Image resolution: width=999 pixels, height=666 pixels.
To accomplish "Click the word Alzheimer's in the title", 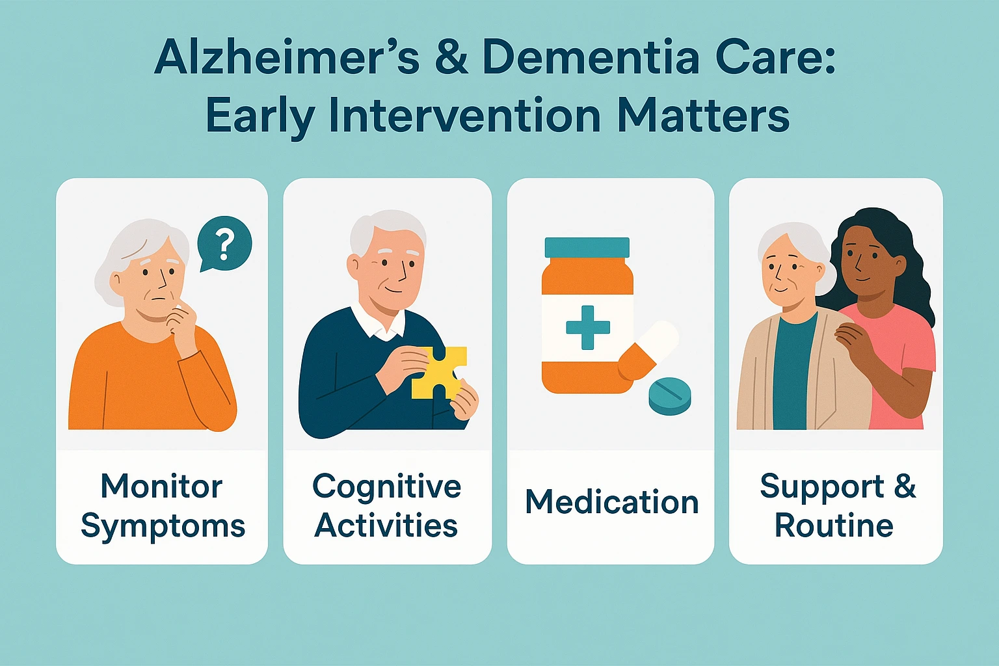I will [287, 58].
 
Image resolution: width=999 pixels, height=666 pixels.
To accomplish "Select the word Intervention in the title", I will [464, 116].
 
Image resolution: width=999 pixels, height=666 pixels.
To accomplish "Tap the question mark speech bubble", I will [224, 245].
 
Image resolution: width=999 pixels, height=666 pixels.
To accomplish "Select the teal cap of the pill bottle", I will [587, 248].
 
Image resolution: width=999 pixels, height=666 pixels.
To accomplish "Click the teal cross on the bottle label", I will [587, 327].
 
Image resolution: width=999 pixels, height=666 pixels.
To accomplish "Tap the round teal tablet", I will [670, 395].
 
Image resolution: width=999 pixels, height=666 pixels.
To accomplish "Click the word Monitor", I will [161, 486].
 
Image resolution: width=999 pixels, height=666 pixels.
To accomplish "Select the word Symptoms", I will [163, 526].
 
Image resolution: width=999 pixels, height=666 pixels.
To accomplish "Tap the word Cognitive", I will [386, 486].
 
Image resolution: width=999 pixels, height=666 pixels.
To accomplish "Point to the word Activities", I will [386, 526].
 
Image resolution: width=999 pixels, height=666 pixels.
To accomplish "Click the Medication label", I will [611, 502].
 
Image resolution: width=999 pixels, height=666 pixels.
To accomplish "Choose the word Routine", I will [834, 526].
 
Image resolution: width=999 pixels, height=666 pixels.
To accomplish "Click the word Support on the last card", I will [822, 486].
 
